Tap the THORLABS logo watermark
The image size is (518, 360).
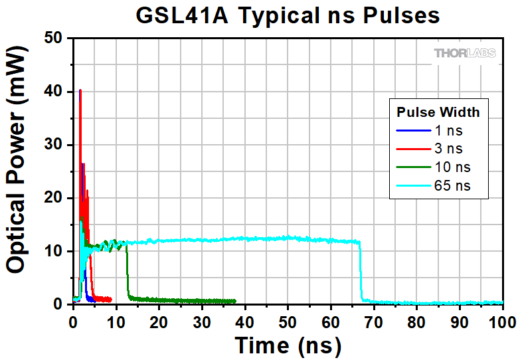click(x=465, y=53)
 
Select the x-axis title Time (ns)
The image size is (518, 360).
click(x=288, y=345)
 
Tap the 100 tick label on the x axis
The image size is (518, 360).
click(x=501, y=321)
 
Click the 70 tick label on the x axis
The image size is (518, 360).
click(x=373, y=321)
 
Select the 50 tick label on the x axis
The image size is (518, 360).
click(x=288, y=321)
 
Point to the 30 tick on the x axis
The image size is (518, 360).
click(x=202, y=321)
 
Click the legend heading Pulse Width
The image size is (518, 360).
click(x=438, y=111)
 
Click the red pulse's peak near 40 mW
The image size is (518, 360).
click(x=80, y=91)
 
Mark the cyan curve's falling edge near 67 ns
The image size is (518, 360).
click(x=361, y=272)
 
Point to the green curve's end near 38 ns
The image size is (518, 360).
click(x=235, y=301)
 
